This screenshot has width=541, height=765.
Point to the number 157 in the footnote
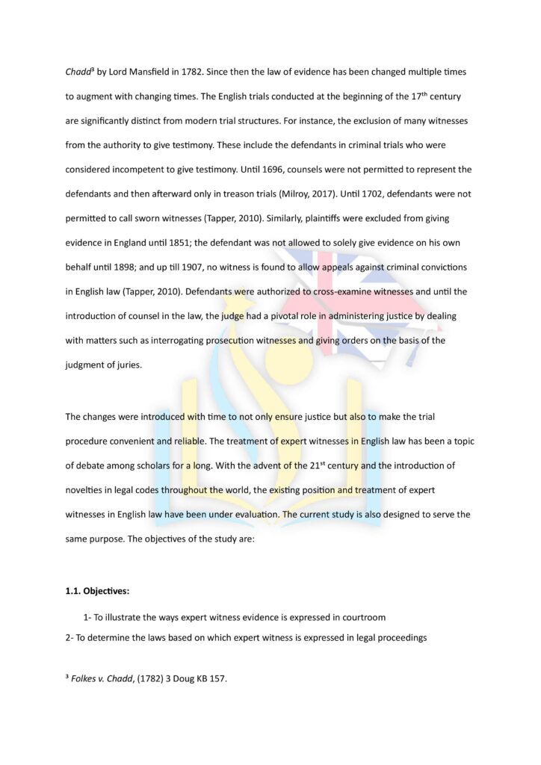coord(216,681)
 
